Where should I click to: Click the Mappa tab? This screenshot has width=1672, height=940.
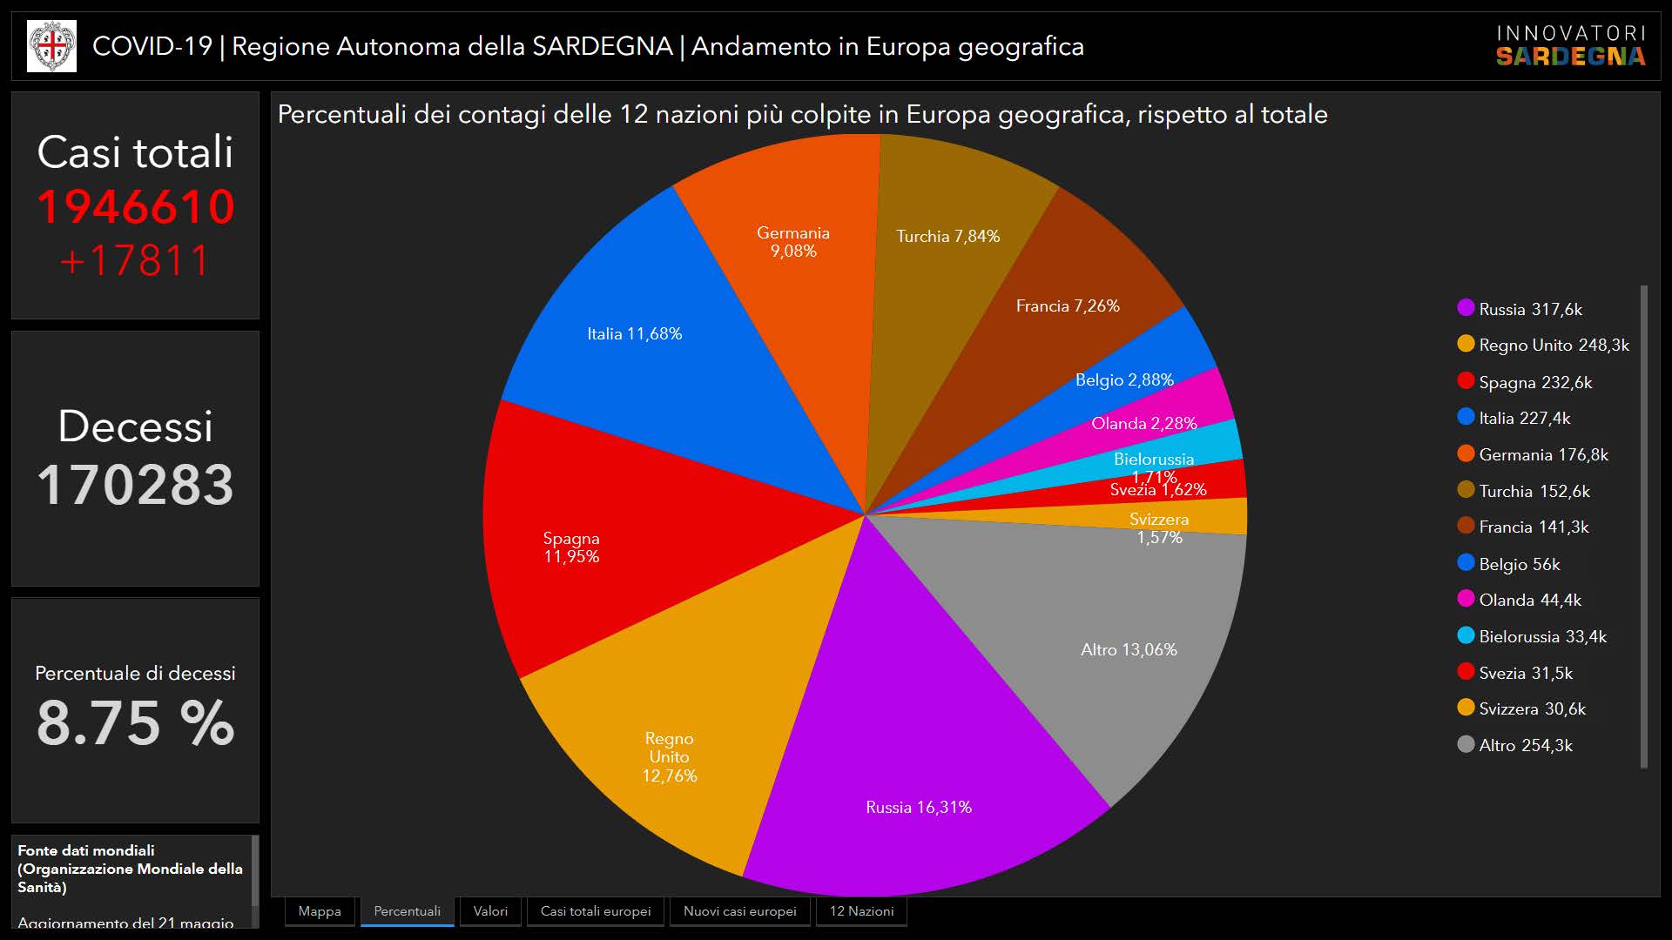click(x=320, y=911)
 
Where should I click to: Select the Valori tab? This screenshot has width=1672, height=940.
click(x=490, y=911)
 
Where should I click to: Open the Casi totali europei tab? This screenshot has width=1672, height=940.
click(x=596, y=911)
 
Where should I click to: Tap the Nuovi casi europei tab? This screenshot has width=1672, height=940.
click(x=740, y=911)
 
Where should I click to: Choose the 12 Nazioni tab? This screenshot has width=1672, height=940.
click(x=861, y=911)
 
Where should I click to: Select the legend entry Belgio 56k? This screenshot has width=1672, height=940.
click(x=1519, y=564)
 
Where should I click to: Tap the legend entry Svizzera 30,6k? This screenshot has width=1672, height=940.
click(x=1532, y=708)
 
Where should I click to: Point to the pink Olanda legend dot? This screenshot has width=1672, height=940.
click(x=1466, y=599)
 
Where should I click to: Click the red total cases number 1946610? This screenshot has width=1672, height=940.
click(x=136, y=207)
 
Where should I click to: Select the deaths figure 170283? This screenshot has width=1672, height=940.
click(x=136, y=484)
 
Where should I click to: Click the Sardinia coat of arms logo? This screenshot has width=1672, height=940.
click(x=51, y=46)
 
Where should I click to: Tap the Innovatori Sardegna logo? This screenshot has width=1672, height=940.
click(x=1571, y=46)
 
